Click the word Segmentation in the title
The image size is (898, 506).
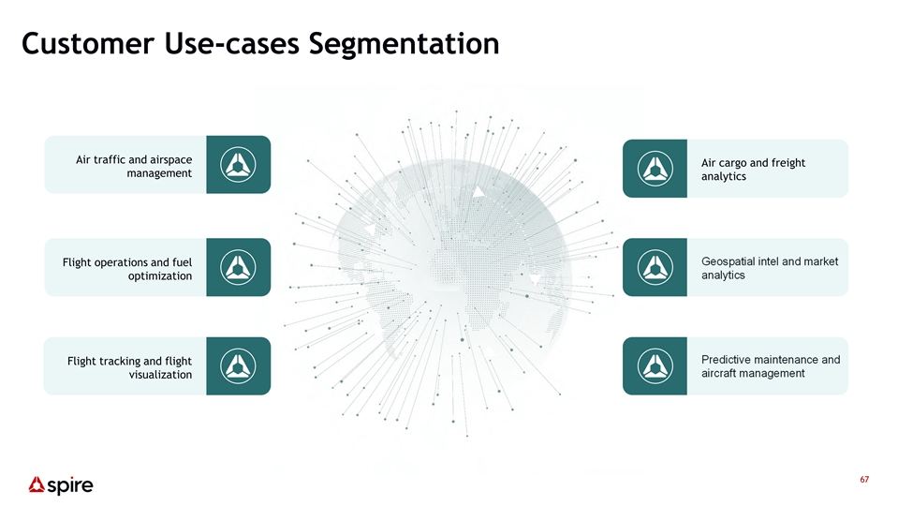(404, 44)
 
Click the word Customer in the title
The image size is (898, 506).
(88, 43)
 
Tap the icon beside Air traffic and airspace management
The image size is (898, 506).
(238, 165)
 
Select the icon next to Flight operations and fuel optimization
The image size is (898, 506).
(238, 267)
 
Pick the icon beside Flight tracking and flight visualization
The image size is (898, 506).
(238, 365)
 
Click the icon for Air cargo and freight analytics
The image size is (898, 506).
(655, 169)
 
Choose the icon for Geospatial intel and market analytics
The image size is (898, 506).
(655, 267)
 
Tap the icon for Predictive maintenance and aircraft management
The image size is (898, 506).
(655, 365)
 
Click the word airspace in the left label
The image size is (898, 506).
(169, 160)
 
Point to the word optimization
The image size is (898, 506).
(160, 276)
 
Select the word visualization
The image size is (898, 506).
(160, 375)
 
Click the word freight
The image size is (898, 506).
(788, 163)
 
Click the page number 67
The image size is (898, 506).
(864, 479)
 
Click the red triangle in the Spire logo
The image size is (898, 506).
(37, 484)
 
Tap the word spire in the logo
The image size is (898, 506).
(70, 486)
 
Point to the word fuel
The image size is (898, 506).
(182, 262)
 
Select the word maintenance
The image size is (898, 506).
(786, 360)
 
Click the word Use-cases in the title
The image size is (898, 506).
(231, 43)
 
